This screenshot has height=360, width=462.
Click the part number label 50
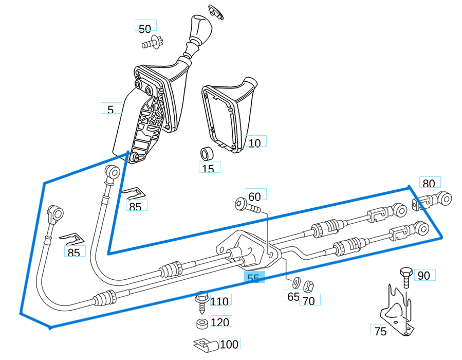tap(145, 29)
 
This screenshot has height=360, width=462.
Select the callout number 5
tap(110, 109)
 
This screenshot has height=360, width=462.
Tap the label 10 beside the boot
tap(255, 143)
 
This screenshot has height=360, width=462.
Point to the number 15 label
tap(208, 169)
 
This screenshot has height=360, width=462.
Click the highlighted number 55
tap(253, 278)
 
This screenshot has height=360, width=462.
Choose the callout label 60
tap(254, 196)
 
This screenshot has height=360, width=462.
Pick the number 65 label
tap(293, 297)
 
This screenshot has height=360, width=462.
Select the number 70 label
tap(309, 301)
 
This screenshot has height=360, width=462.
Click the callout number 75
tap(381, 331)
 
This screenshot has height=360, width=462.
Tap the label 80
tap(429, 184)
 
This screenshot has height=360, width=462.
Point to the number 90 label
tap(423, 276)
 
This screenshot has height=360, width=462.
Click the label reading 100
tap(229, 344)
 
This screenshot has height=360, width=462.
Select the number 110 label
tap(219, 301)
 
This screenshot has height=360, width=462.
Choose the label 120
tap(220, 322)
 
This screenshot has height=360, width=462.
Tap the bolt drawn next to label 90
tap(405, 276)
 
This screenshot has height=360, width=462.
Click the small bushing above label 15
tap(207, 154)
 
